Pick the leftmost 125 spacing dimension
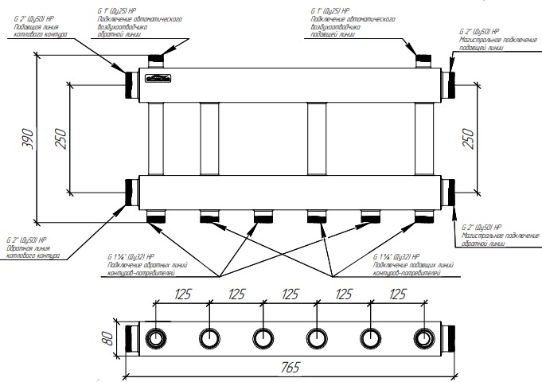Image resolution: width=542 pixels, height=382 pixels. [182, 293]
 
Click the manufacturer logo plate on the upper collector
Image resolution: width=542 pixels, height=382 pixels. [157, 78]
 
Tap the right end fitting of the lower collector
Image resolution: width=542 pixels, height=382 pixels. [450, 192]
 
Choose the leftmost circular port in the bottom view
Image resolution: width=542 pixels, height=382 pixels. [155, 338]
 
